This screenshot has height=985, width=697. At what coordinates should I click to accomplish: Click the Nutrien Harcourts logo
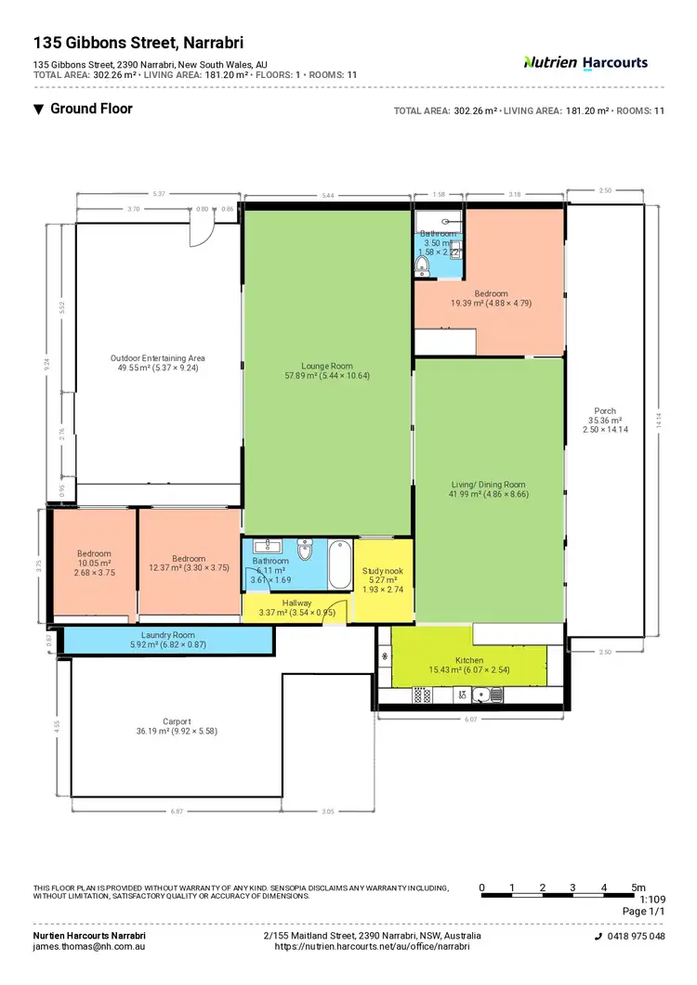pyautogui.click(x=585, y=63)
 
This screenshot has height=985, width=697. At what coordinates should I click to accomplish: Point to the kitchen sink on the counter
pyautogui.click(x=483, y=693)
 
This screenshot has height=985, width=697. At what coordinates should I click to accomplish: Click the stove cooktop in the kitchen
pyautogui.click(x=423, y=693)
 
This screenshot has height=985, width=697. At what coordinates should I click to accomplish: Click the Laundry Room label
pyautogui.click(x=167, y=634)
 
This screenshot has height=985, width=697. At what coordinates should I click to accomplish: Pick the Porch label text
pyautogui.click(x=605, y=411)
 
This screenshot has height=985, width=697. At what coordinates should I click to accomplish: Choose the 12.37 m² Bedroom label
pyautogui.click(x=189, y=559)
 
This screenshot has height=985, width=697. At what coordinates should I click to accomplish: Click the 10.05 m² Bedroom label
pyautogui.click(x=94, y=554)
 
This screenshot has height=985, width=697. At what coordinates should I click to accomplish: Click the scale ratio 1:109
pyautogui.click(x=653, y=900)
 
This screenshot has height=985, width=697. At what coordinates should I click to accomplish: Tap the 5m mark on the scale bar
pyautogui.click(x=638, y=888)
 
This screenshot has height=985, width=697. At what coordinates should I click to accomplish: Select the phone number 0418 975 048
pyautogui.click(x=637, y=937)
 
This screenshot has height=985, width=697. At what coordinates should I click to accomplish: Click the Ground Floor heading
pyautogui.click(x=91, y=109)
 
